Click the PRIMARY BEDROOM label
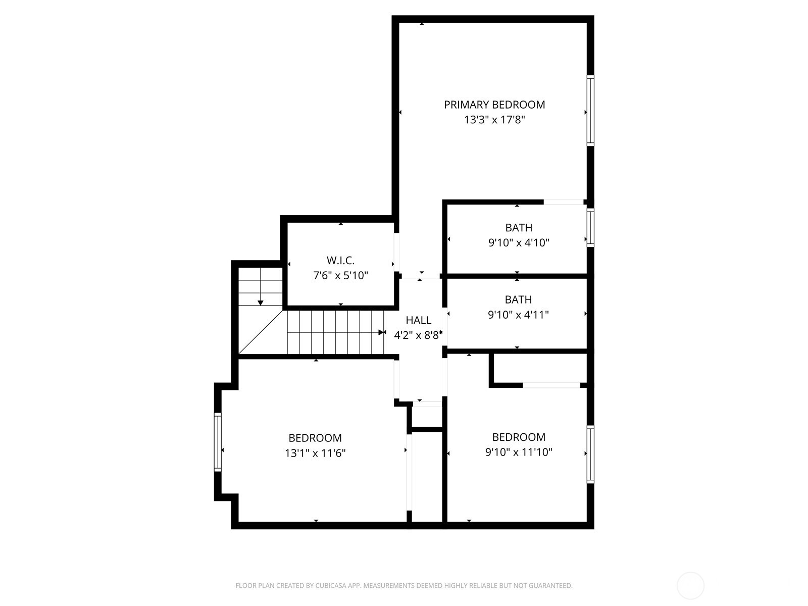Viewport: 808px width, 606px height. (x=494, y=105)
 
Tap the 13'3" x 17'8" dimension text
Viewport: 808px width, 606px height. (x=494, y=120)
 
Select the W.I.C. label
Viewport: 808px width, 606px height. (x=340, y=261)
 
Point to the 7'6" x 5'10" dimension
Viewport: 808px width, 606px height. (x=340, y=276)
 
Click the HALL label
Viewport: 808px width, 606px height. (x=419, y=321)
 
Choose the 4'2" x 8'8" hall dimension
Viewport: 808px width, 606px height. (x=418, y=335)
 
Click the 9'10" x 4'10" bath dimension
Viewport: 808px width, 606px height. (x=519, y=243)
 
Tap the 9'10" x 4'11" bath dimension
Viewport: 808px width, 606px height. (x=518, y=315)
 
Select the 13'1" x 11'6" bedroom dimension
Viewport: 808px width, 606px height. (x=315, y=453)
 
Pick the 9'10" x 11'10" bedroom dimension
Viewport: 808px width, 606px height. (x=519, y=452)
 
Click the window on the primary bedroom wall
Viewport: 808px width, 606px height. (x=590, y=111)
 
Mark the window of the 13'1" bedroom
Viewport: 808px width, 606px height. (x=218, y=442)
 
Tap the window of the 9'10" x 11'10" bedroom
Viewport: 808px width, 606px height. (x=590, y=454)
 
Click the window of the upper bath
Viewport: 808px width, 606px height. (x=590, y=228)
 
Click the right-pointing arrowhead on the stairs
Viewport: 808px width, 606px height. (x=382, y=332)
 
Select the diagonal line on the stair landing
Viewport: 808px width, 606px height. (x=261, y=332)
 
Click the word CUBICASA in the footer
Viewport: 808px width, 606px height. (x=331, y=585)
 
